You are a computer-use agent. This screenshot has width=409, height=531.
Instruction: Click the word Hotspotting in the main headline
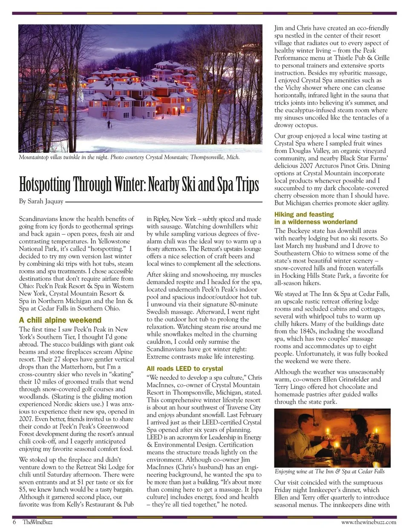(x=45, y=185)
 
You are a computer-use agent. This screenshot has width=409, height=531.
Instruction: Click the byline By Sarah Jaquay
(x=41, y=201)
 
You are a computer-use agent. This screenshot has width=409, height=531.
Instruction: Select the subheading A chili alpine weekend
(x=60, y=320)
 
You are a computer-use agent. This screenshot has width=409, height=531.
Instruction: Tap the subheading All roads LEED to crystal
(x=184, y=368)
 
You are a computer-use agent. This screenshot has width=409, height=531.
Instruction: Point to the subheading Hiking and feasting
(x=304, y=214)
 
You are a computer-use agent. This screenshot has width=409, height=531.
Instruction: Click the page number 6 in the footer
(x=14, y=522)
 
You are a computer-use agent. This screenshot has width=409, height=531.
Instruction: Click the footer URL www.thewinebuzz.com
(x=369, y=522)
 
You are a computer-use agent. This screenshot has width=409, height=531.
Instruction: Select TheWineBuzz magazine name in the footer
(x=37, y=522)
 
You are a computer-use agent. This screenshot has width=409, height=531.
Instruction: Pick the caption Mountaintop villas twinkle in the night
(x=63, y=157)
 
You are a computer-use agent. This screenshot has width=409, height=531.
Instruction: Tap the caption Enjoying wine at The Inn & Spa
(x=329, y=471)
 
